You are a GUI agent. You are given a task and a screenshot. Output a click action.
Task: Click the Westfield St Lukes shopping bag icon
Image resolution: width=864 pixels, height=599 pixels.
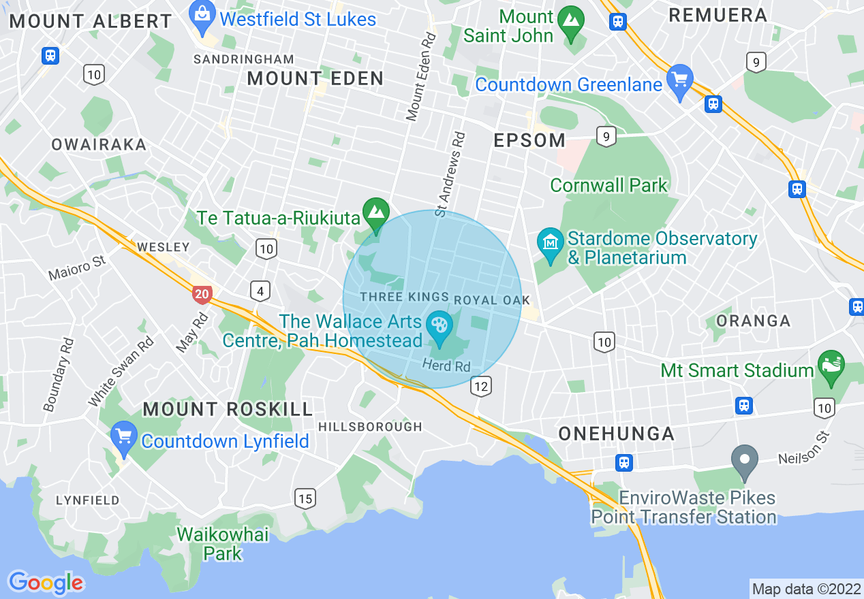[202, 16]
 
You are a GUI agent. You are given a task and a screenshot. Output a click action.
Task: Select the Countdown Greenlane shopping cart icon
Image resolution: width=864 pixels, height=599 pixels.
[679, 80]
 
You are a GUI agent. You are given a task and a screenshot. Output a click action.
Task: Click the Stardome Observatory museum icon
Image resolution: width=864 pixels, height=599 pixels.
[549, 243]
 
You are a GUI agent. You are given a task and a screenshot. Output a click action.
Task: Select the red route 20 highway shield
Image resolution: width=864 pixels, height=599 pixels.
[202, 294]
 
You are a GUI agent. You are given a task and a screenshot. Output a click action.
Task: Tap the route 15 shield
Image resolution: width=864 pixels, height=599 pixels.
[305, 498]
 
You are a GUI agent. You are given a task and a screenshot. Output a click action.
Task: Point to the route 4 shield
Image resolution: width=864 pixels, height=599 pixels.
[260, 291]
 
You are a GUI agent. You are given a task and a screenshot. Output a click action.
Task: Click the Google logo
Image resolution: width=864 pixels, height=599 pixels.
[46, 583]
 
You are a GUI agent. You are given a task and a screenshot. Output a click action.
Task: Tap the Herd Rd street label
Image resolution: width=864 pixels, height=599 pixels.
[446, 366]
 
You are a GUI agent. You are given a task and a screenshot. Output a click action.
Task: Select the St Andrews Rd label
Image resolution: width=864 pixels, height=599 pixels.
[450, 175]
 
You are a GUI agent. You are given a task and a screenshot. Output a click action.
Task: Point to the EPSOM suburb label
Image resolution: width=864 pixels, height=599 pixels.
[529, 141]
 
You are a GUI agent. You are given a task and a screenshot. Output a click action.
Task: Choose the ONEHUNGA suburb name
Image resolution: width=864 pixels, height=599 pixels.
[616, 434]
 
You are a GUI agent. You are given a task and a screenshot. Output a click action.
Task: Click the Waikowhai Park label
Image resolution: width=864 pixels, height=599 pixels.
[223, 543]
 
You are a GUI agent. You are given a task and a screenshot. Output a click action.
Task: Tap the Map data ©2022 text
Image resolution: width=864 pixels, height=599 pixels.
[806, 588]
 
